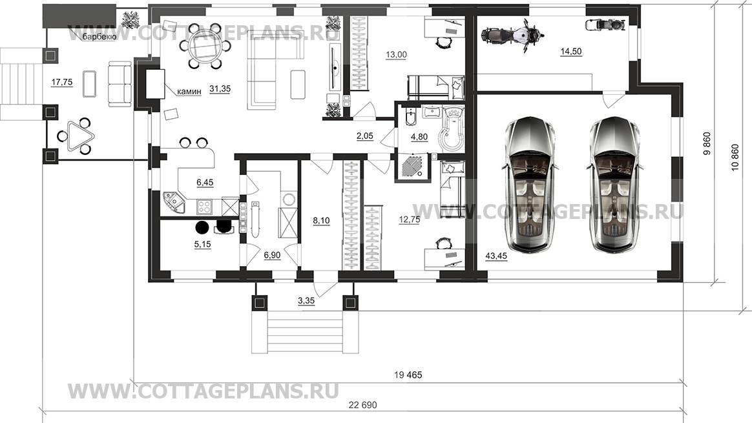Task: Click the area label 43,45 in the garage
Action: (x=496, y=256)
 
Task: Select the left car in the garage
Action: (x=530, y=183)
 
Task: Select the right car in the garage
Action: (x=613, y=183)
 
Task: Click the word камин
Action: (x=189, y=91)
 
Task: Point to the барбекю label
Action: (x=99, y=36)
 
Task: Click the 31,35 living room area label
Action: (x=220, y=88)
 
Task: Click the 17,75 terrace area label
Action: (x=62, y=83)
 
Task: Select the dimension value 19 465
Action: (x=408, y=375)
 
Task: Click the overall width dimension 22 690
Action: (x=362, y=406)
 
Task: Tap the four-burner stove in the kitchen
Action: (x=205, y=207)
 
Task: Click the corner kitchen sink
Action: (x=174, y=202)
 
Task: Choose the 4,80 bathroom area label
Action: (x=419, y=137)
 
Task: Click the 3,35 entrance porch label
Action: (x=306, y=301)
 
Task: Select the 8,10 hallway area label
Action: (x=321, y=221)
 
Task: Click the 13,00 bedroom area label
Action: (x=396, y=55)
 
